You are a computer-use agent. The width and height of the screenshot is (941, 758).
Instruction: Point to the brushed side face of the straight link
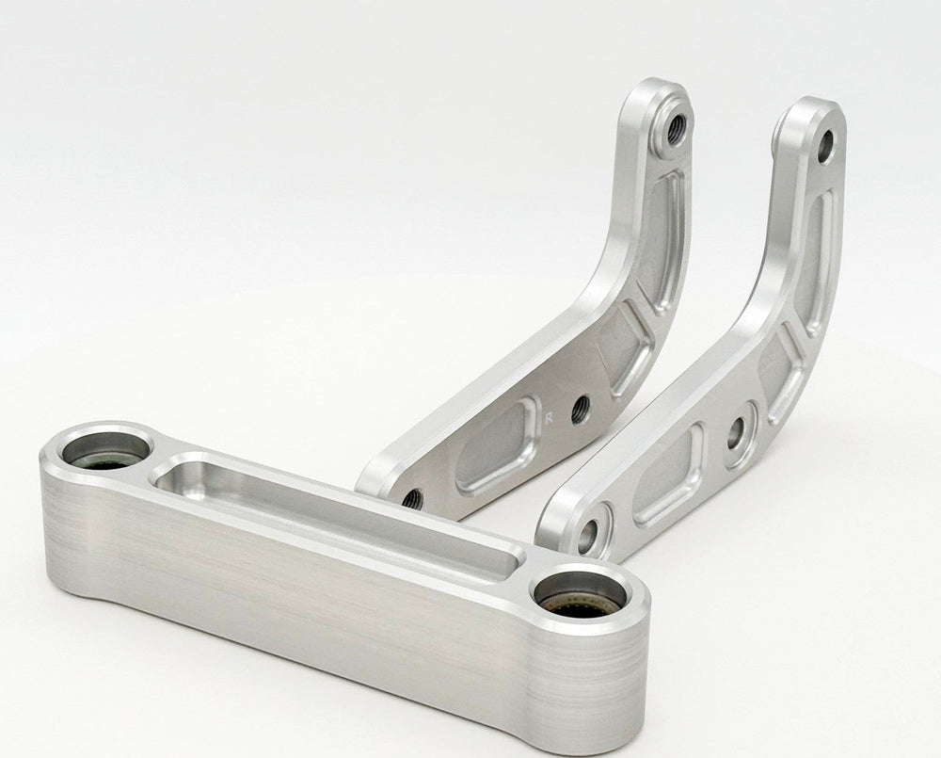tap(336, 606)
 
